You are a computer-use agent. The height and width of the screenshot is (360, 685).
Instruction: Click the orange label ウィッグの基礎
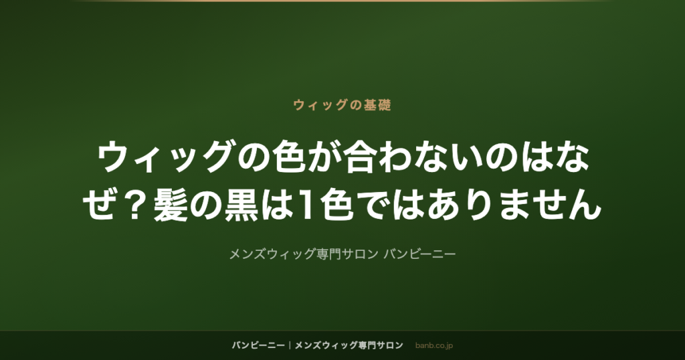pos(342,105)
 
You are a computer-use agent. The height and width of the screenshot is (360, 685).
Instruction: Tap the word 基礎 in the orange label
pos(378,105)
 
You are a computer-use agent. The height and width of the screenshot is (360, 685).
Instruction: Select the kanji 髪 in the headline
pos(171,205)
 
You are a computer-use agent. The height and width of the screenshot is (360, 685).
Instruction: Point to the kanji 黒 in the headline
pos(241,205)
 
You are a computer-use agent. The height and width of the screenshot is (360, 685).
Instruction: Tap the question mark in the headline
pos(135,205)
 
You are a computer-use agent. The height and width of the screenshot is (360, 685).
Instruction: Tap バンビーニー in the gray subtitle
pos(420,254)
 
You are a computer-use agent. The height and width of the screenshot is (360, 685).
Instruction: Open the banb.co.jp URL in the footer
pos(433,345)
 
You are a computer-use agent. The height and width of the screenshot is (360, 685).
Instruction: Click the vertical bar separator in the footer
pos(290,345)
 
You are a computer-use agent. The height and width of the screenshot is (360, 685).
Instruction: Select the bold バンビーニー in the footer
pos(258,345)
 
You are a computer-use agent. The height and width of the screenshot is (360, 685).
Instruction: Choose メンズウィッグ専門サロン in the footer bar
pos(349,345)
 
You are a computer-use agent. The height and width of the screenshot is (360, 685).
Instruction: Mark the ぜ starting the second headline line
pos(100,205)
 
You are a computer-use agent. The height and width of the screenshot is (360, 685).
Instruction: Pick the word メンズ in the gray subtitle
pos(248,254)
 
